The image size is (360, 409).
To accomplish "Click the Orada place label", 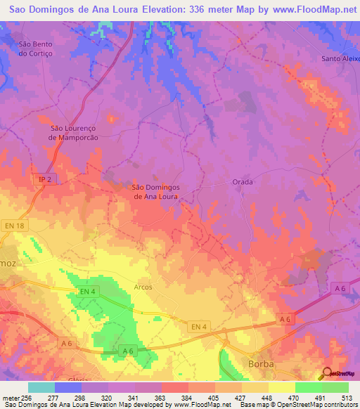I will coord(242,181).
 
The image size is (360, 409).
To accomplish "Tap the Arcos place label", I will coord(143,287).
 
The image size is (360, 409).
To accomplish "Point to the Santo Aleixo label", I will coord(341,58).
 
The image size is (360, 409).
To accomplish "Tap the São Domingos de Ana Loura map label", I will coord(156,192).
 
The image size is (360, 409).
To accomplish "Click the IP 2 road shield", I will coord(44,180).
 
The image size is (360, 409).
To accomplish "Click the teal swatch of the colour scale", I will coord(41,387).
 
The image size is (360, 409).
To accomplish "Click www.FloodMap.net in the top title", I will coord(310,9).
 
